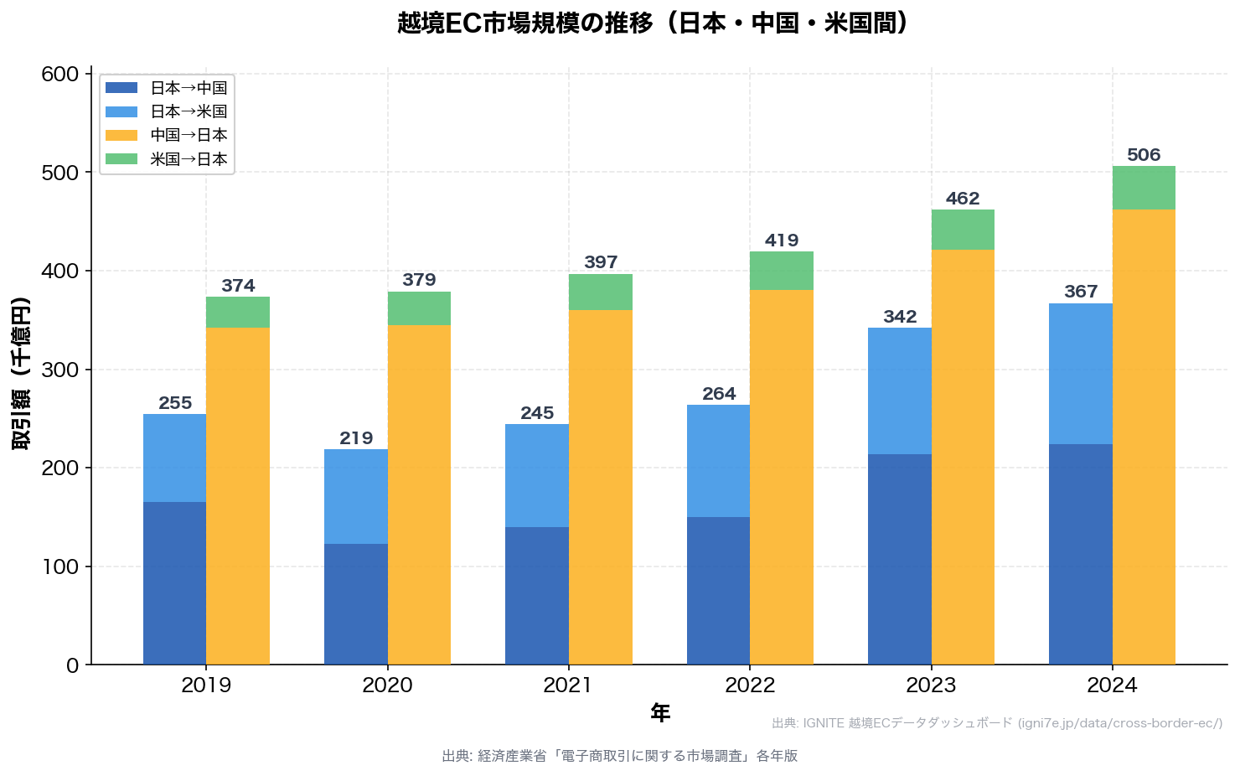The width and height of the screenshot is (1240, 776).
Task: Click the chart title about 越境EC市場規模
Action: [653, 23]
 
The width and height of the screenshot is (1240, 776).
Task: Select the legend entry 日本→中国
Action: [189, 88]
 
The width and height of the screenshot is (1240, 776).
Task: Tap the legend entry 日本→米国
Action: [189, 111]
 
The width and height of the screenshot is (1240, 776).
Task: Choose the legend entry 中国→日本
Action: [189, 135]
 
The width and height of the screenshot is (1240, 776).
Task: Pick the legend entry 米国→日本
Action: [189, 159]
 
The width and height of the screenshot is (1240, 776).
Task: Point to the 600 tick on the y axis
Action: [59, 75]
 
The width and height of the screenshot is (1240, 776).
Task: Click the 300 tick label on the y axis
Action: [59, 370]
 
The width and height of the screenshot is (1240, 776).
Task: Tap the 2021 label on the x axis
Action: [568, 685]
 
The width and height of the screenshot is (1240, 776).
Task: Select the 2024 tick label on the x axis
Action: [1112, 685]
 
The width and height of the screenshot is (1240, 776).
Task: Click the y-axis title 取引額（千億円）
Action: [20, 373]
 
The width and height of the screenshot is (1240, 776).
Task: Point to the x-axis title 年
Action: [660, 713]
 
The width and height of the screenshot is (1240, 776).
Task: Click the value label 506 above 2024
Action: [1144, 155]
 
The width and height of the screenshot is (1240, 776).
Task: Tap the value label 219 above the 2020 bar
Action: [356, 438]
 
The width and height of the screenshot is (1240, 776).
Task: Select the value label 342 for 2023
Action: [900, 317]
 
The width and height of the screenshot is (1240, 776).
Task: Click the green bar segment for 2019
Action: [238, 312]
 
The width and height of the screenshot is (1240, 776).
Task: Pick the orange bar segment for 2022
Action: [782, 477]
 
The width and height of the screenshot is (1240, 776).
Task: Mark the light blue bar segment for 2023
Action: [900, 391]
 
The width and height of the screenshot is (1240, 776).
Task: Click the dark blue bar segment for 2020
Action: [356, 604]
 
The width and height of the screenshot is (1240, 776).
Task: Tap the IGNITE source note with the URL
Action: [997, 723]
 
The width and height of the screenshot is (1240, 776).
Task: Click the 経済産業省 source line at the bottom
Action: [619, 756]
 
